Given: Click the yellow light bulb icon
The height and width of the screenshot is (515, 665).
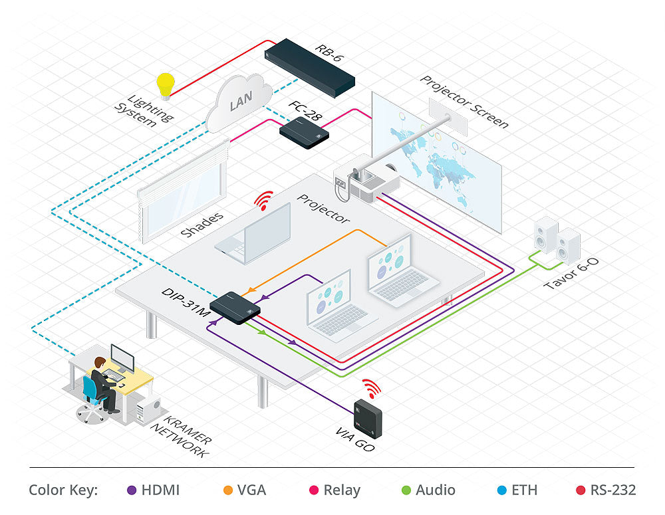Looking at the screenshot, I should click(x=164, y=86).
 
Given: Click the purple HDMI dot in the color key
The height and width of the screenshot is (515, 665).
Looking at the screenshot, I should click(x=132, y=490).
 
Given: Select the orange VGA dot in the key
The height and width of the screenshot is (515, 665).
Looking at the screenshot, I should click(x=227, y=490).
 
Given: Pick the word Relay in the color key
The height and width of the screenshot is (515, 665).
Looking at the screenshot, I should click(x=342, y=490).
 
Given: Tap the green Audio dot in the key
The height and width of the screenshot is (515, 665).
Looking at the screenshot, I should click(x=406, y=490).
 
